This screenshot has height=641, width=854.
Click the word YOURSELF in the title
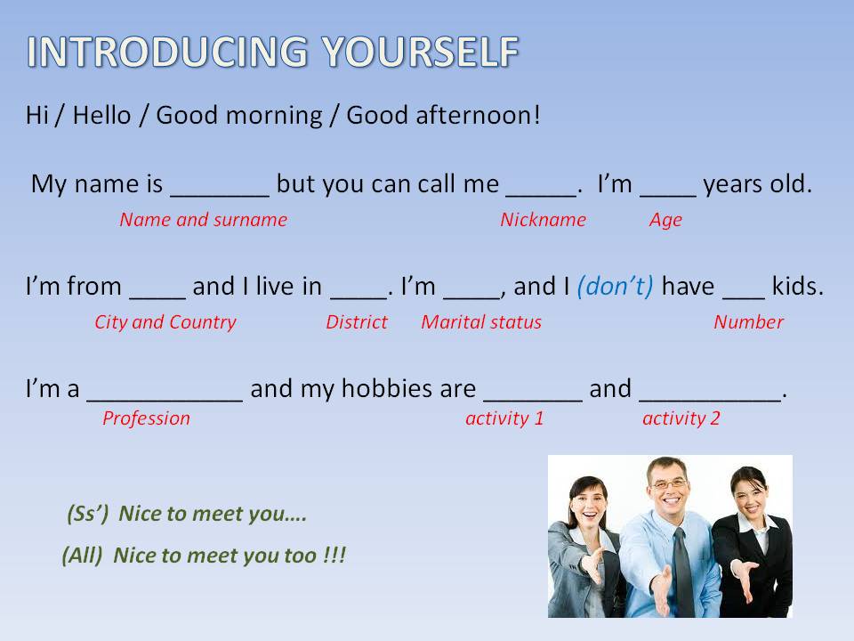click(420, 52)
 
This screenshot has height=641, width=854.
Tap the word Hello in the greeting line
click(101, 115)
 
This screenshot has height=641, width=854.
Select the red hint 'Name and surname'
click(203, 219)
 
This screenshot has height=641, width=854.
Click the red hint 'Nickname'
click(543, 219)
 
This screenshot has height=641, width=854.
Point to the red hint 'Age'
click(665, 220)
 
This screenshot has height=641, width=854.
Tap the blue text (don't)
click(616, 286)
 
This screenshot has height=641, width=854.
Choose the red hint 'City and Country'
click(165, 322)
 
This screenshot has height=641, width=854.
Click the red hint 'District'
click(356, 321)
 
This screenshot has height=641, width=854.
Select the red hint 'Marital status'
click(481, 321)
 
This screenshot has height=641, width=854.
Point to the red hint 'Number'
click(748, 321)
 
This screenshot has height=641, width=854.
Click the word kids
click(797, 286)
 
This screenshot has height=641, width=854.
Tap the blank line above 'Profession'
click(165, 401)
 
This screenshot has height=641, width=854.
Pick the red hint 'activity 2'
click(681, 418)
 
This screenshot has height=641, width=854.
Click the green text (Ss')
click(88, 514)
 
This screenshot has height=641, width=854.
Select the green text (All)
click(82, 556)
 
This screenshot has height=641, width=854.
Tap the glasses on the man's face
click(669, 484)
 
